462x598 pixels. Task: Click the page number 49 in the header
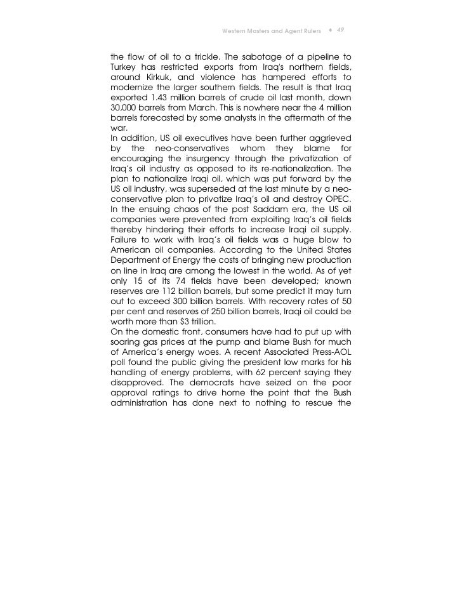(x=340, y=30)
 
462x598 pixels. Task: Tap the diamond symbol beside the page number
(x=330, y=31)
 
